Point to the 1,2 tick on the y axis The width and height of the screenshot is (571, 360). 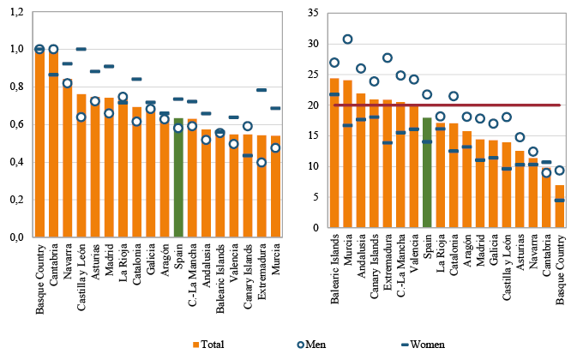point(15,12)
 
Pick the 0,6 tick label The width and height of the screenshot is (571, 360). point(15,125)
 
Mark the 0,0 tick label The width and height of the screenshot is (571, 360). point(15,238)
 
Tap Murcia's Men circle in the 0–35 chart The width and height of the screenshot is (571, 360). point(348,39)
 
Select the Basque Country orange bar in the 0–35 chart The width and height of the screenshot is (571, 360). point(559,211)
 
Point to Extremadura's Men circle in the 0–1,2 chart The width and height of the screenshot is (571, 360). point(261,163)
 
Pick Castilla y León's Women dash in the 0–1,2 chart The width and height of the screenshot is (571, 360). point(81,49)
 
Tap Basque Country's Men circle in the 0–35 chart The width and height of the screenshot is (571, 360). point(559,171)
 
